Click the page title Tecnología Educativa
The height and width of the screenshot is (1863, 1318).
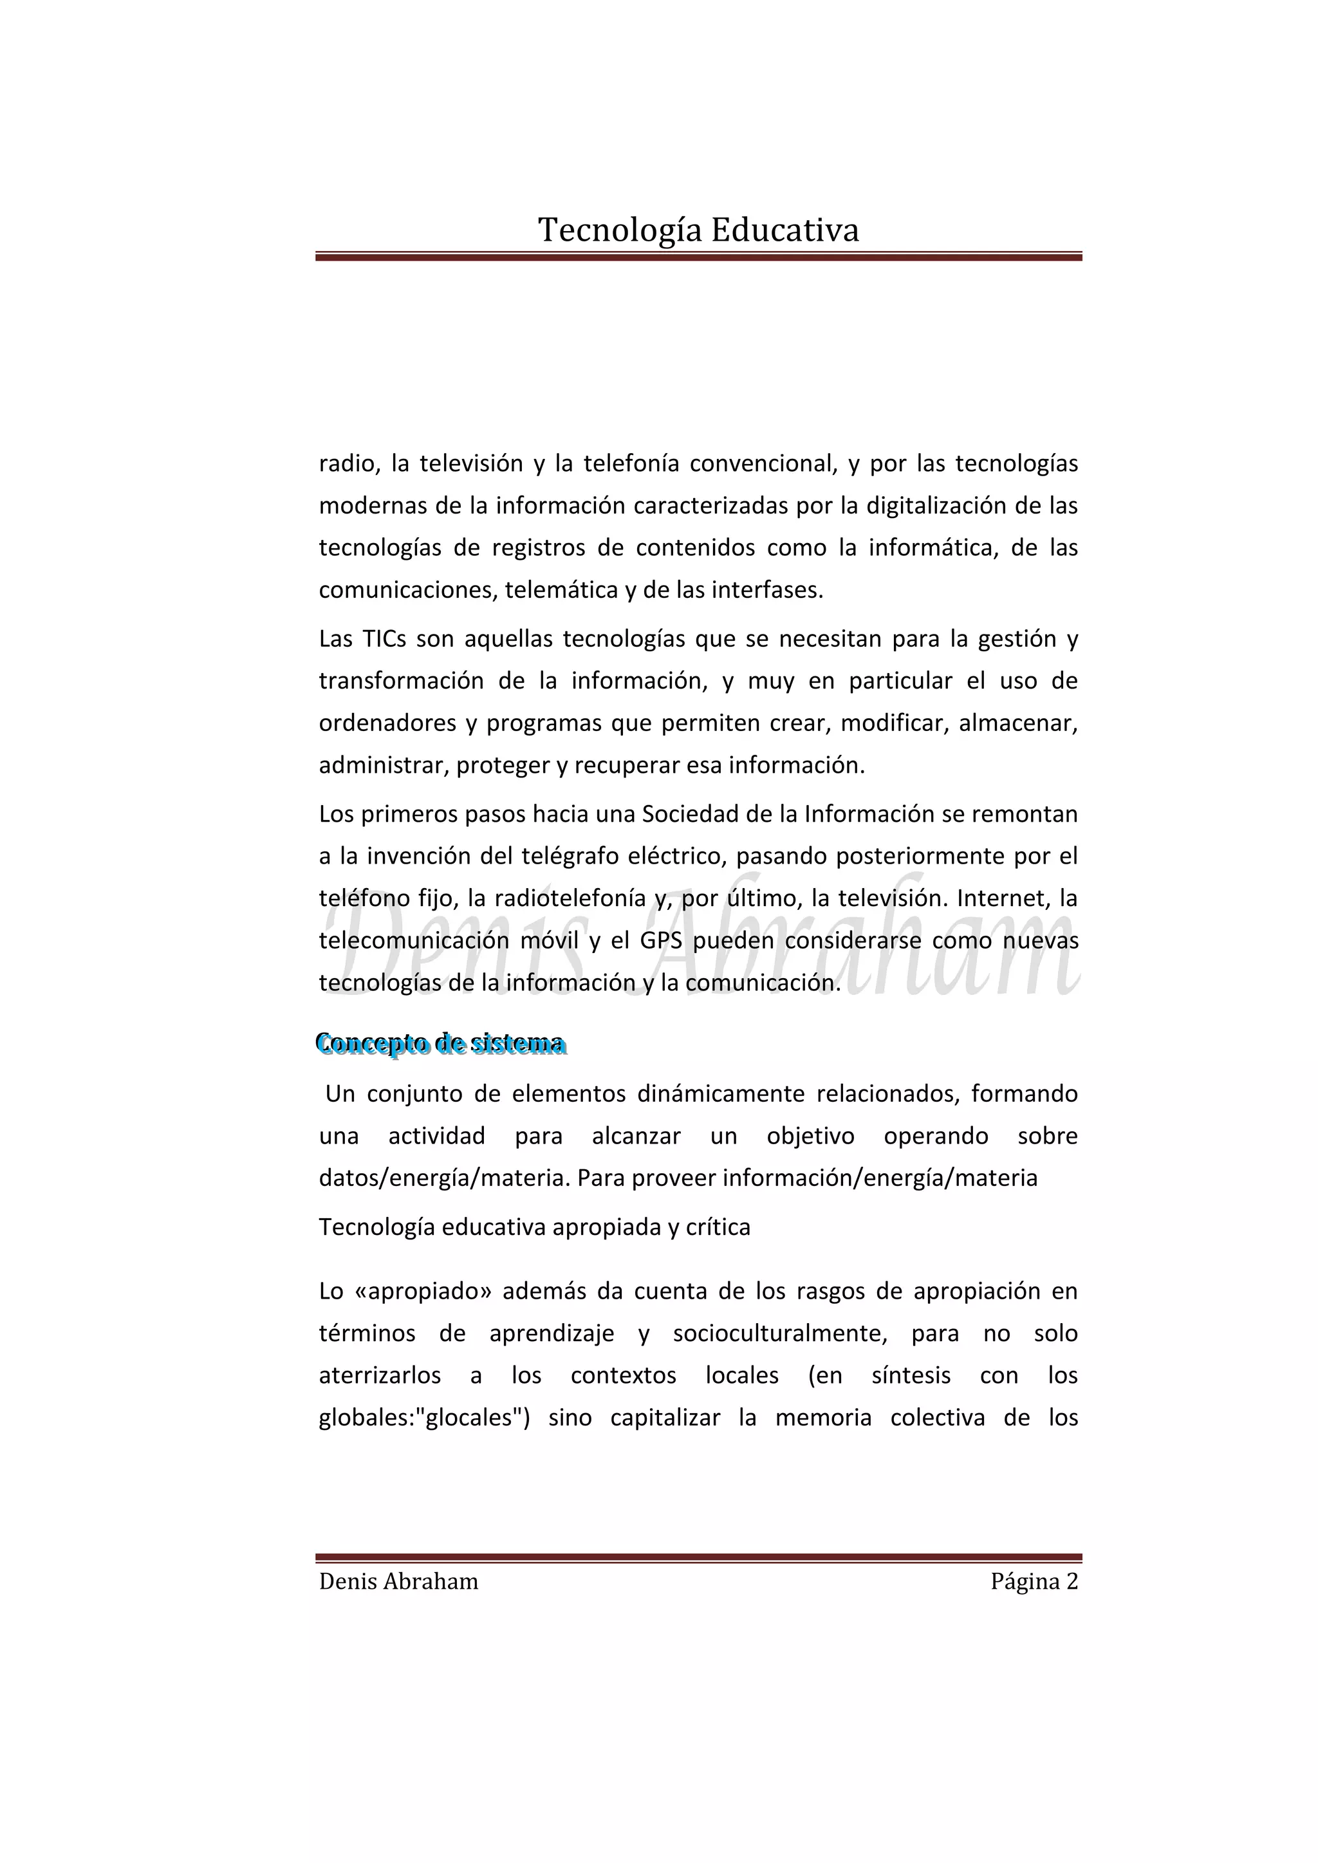coord(698,230)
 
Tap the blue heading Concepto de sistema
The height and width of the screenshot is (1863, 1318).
coord(441,1044)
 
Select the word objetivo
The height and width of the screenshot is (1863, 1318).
coord(810,1136)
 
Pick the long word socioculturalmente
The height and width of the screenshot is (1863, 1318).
coord(780,1333)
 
